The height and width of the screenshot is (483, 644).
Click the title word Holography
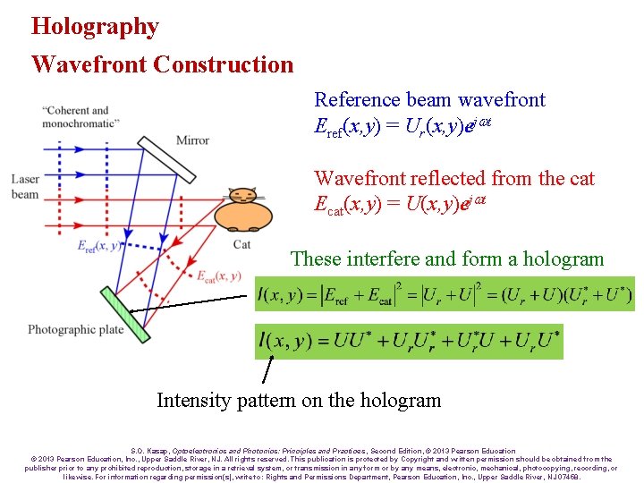pyautogui.click(x=95, y=26)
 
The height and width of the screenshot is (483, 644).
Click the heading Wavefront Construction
pyautogui.click(x=162, y=64)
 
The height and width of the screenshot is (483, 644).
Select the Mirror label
pyautogui.click(x=192, y=140)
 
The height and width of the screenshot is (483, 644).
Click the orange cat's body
pyautogui.click(x=241, y=217)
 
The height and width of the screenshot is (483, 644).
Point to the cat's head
pyautogui.click(x=242, y=196)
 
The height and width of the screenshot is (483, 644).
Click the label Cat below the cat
pyautogui.click(x=241, y=244)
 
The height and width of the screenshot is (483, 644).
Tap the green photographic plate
pyautogui.click(x=123, y=314)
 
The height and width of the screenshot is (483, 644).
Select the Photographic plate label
pyautogui.click(x=75, y=330)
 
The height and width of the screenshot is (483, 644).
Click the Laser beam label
pyautogui.click(x=25, y=187)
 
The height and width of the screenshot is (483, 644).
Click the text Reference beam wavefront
pyautogui.click(x=429, y=100)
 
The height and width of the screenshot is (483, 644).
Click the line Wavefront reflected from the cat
pyautogui.click(x=454, y=179)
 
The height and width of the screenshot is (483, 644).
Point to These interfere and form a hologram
pyautogui.click(x=447, y=259)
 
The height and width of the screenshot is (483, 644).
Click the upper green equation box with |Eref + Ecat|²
pyautogui.click(x=445, y=293)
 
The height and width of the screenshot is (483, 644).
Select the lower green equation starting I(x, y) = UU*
pyautogui.click(x=409, y=340)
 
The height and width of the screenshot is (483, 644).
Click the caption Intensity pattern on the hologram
pyautogui.click(x=299, y=400)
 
